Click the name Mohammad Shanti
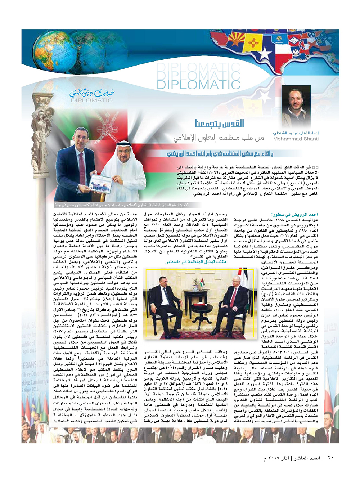point(296,139)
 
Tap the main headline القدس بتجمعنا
point(219,124)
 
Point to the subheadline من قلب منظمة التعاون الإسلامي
point(219,138)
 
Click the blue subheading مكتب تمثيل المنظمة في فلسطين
point(195,262)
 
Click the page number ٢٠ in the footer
point(330,458)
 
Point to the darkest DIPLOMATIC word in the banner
point(198,85)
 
